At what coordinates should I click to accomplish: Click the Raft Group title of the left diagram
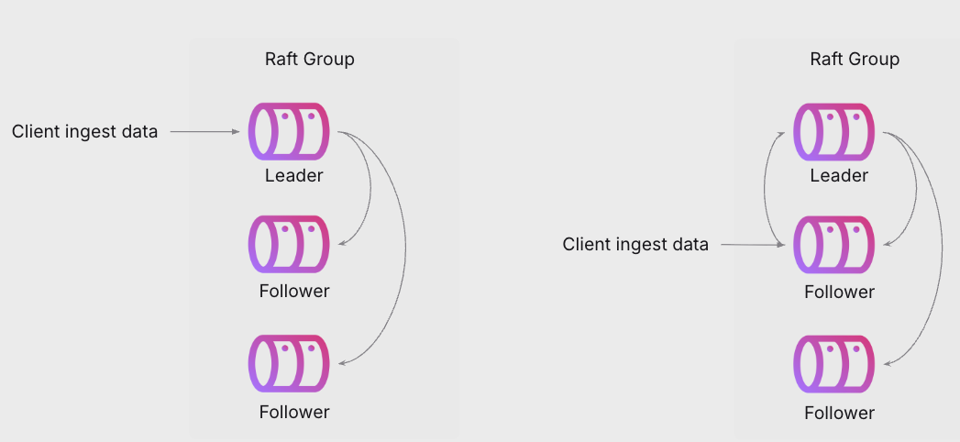tap(309, 60)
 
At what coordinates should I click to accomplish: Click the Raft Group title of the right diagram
tap(855, 60)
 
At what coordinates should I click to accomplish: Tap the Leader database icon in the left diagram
tap(288, 132)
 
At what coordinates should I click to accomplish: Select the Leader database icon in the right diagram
tap(833, 132)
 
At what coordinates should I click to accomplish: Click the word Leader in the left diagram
tap(293, 175)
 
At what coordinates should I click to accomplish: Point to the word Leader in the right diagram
tap(839, 175)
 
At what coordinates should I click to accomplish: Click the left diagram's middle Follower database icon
tap(288, 244)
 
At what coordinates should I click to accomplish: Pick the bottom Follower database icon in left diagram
tap(288, 363)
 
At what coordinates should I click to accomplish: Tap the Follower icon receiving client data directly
tap(833, 245)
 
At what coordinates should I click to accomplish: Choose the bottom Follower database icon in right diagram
tap(833, 363)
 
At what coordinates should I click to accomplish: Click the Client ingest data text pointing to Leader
tap(84, 132)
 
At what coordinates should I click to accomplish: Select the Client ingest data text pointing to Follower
tap(635, 245)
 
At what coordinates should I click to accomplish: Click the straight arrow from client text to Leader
tap(204, 132)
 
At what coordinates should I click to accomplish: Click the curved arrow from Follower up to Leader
tap(767, 188)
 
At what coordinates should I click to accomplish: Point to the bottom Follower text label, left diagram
tap(293, 412)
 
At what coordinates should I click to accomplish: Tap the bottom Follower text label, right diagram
tap(839, 413)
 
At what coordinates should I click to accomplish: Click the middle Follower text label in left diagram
tap(293, 292)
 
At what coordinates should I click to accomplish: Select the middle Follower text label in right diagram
tap(839, 293)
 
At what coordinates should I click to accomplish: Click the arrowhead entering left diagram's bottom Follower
tap(342, 363)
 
